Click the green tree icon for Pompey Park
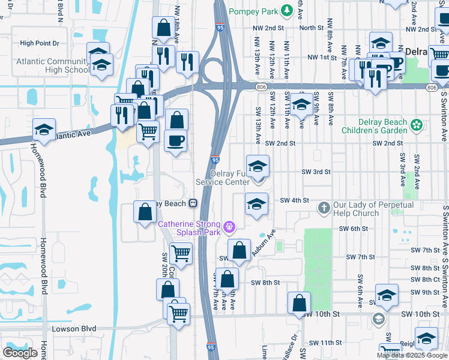click(x=287, y=10)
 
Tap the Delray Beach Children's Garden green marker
click(x=417, y=126)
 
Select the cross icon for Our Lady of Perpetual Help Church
click(x=324, y=208)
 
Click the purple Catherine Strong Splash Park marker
click(x=228, y=227)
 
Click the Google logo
click(x=20, y=353)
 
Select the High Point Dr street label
click(x=39, y=43)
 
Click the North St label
click(x=311, y=28)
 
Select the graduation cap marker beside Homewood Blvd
click(x=44, y=130)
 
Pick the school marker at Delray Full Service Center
click(x=258, y=166)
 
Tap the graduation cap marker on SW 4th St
click(x=256, y=204)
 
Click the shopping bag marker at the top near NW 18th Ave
click(x=163, y=28)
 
